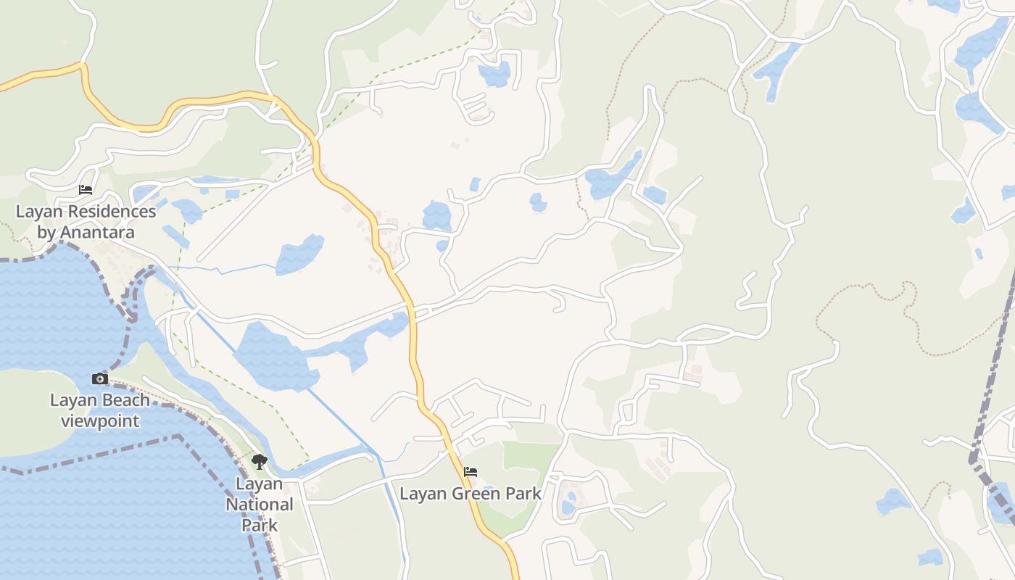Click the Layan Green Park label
(471, 494)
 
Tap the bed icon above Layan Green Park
(471, 472)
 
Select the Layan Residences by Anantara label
(86, 222)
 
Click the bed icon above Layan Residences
(86, 190)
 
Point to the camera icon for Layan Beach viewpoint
(99, 378)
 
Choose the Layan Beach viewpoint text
(100, 410)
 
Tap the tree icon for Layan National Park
(259, 462)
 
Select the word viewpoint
(100, 420)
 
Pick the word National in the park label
(259, 504)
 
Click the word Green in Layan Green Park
(476, 494)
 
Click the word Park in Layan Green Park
(524, 494)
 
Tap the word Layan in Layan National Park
(259, 484)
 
